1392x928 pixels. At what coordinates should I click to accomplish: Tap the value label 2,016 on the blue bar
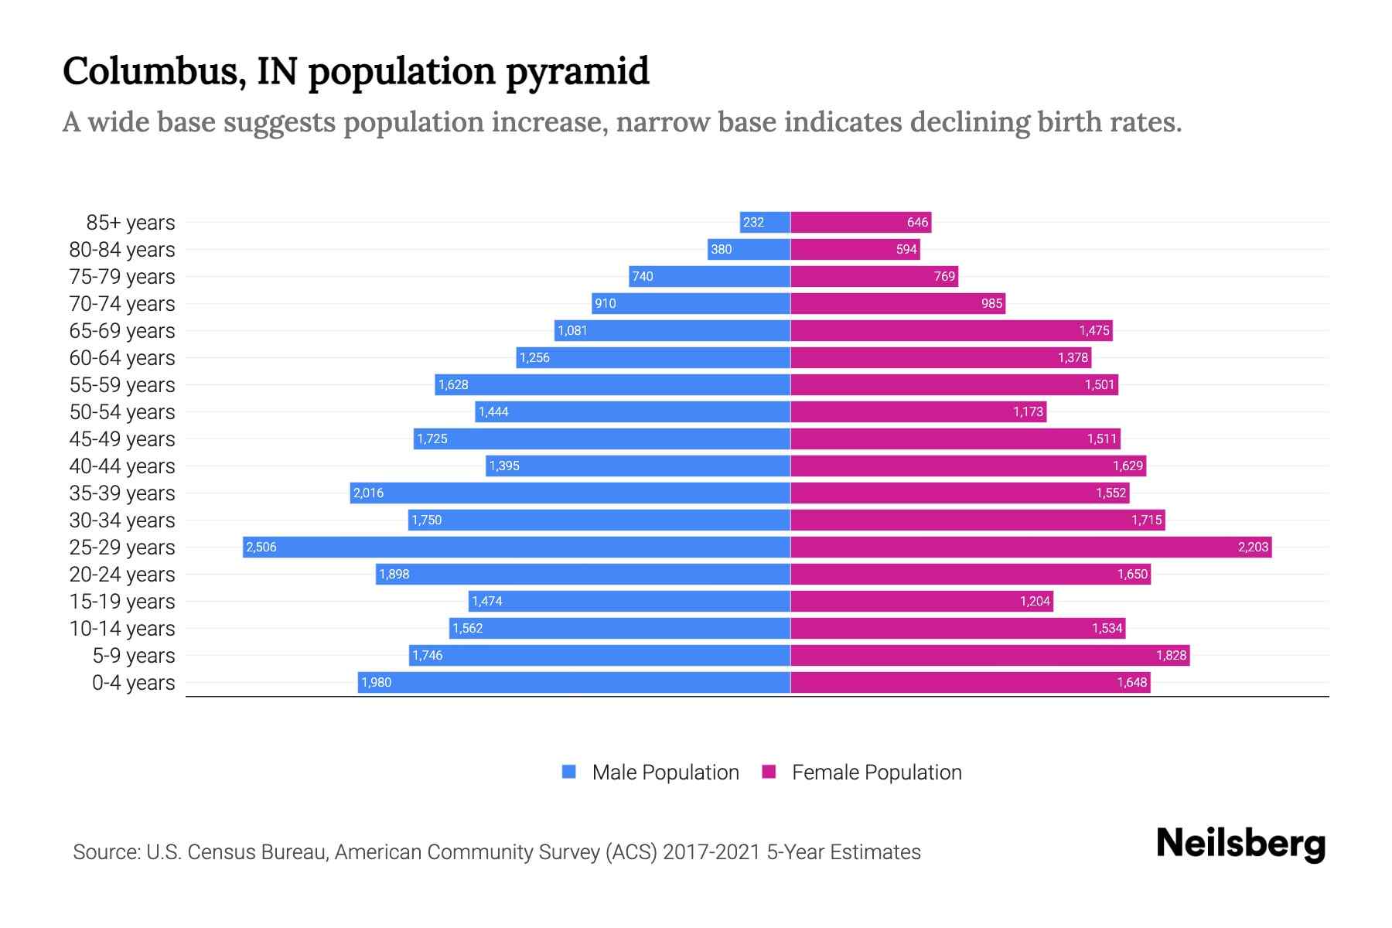[x=368, y=493]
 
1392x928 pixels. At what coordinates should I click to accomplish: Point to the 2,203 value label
[x=1253, y=547]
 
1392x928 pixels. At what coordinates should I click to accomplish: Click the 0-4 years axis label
[x=133, y=683]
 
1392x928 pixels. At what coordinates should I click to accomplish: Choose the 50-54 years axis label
[x=122, y=412]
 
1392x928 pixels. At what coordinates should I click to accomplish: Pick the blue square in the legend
[x=569, y=772]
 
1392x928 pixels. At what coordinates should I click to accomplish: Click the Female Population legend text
[x=876, y=772]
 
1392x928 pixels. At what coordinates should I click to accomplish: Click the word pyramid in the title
[x=577, y=72]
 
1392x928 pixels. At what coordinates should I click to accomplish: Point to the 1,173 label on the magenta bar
[x=1028, y=411]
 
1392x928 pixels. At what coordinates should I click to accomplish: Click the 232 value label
[x=753, y=222]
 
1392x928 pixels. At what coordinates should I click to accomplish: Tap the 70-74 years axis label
[x=122, y=304]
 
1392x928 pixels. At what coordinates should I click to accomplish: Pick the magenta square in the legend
[x=769, y=772]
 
